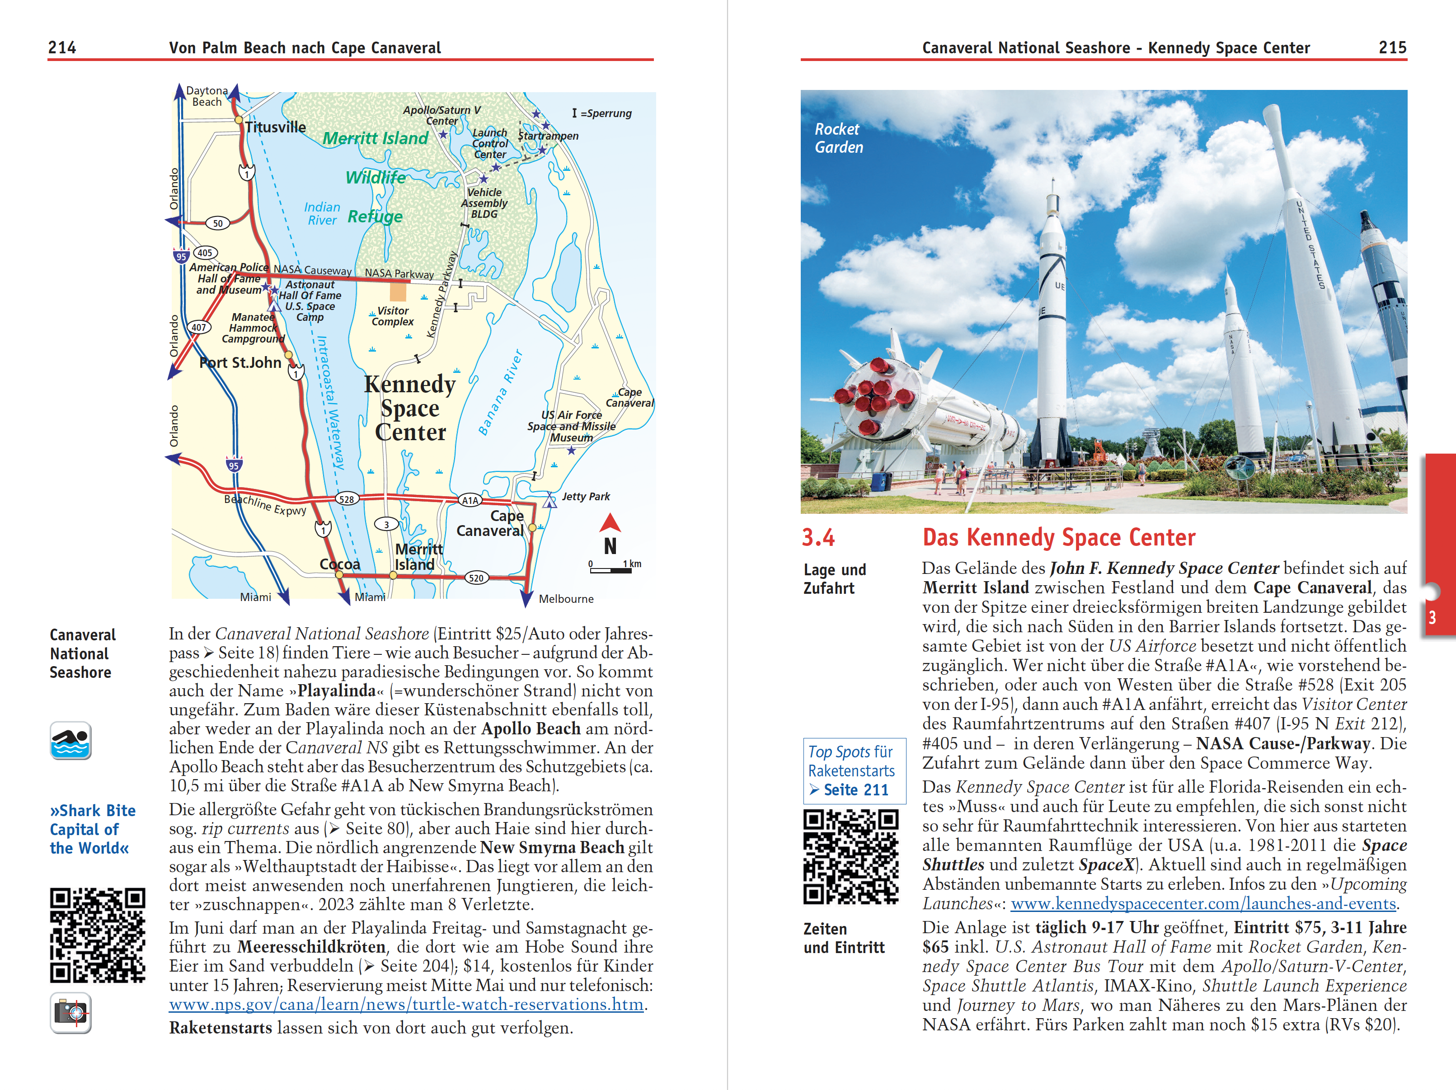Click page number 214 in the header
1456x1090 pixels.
62,47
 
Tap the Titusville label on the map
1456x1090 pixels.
275,127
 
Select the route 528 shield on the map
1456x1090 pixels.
346,499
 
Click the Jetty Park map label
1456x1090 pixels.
585,496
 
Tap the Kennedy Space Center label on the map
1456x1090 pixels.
410,408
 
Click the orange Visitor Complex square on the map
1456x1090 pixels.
398,291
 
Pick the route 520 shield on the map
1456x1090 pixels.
476,578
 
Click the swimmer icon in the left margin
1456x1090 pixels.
70,741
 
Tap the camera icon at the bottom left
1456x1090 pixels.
70,1012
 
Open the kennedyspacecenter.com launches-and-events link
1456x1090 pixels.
1203,904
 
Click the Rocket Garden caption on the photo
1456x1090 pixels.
839,138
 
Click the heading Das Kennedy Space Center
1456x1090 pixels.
1058,538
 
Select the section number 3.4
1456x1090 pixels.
818,538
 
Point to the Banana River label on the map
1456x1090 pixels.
500,393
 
